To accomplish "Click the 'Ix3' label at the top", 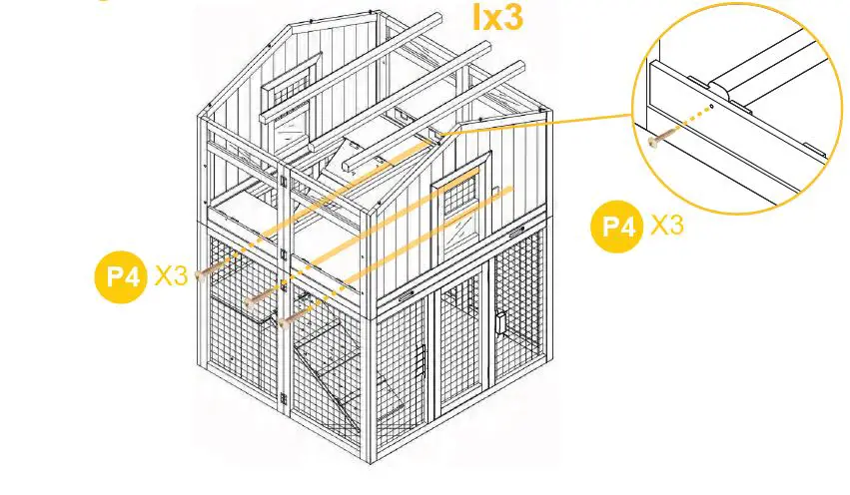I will [x=496, y=17].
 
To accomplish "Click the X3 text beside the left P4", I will [x=171, y=276].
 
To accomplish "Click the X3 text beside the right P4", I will [x=667, y=226].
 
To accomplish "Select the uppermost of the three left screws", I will [x=204, y=270].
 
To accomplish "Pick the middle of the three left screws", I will [x=256, y=297].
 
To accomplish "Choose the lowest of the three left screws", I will [x=288, y=320].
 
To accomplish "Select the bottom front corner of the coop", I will [x=378, y=462].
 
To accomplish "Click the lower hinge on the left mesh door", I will [x=289, y=398].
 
